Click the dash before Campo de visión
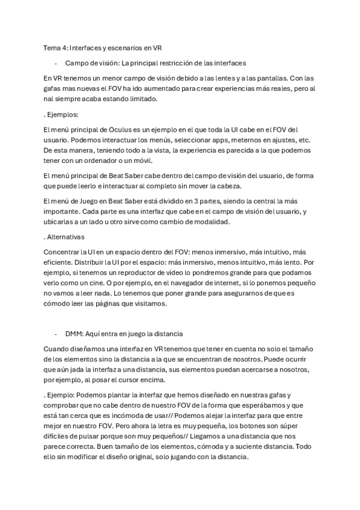[x=55, y=63]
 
